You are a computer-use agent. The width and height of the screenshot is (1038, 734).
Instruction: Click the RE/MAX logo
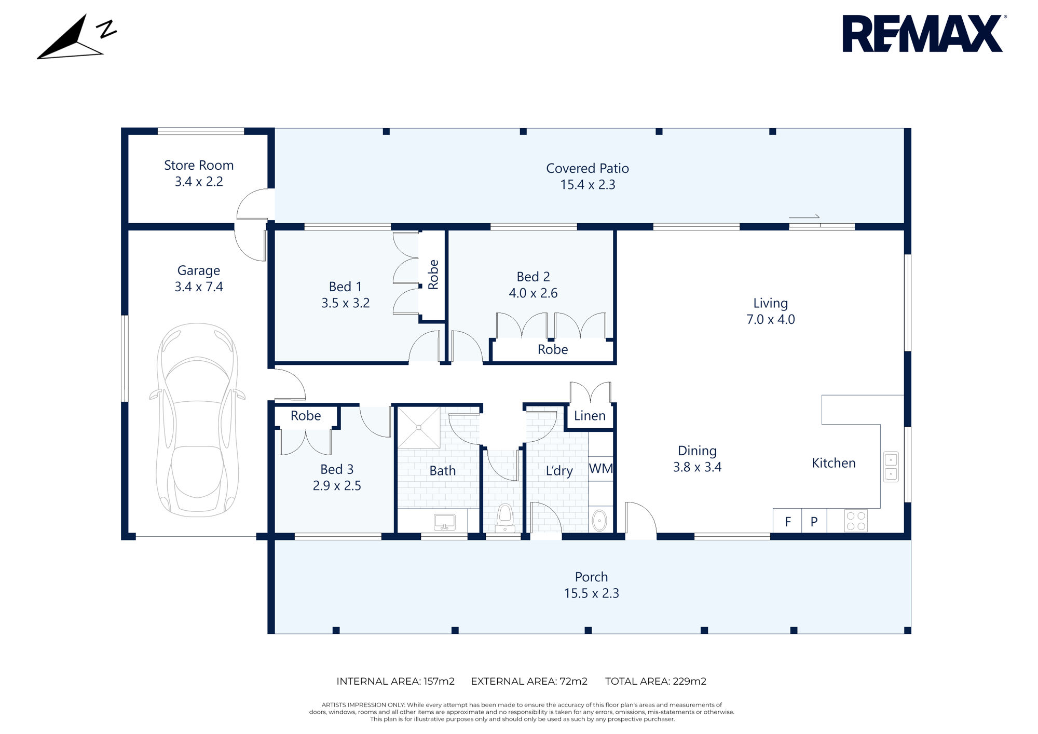click(922, 34)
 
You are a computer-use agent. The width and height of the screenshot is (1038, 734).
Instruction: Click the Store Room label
click(199, 165)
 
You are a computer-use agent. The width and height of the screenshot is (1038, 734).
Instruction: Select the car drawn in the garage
click(198, 420)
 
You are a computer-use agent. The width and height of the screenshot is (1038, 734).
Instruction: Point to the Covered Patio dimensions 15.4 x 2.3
click(588, 185)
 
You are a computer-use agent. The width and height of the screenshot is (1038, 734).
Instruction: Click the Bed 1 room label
click(345, 287)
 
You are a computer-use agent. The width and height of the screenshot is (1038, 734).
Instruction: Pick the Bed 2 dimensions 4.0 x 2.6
click(533, 293)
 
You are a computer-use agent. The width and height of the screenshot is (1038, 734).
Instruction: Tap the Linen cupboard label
click(590, 416)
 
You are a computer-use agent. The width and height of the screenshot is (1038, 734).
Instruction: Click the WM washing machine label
click(601, 469)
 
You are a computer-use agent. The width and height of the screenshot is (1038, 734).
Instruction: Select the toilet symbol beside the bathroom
click(504, 518)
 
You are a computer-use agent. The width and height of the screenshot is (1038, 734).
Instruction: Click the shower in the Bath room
click(419, 428)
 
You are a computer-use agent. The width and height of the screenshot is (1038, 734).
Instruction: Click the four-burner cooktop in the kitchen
click(856, 521)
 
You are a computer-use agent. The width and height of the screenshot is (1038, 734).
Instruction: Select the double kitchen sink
click(891, 467)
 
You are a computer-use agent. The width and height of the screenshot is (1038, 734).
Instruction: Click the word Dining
click(697, 451)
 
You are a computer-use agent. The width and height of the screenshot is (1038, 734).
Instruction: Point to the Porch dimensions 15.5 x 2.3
click(591, 593)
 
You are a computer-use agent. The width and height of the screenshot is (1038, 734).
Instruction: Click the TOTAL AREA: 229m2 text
click(655, 681)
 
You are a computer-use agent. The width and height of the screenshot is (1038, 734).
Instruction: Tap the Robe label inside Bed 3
click(306, 416)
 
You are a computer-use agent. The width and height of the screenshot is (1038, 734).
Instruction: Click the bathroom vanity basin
click(444, 521)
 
